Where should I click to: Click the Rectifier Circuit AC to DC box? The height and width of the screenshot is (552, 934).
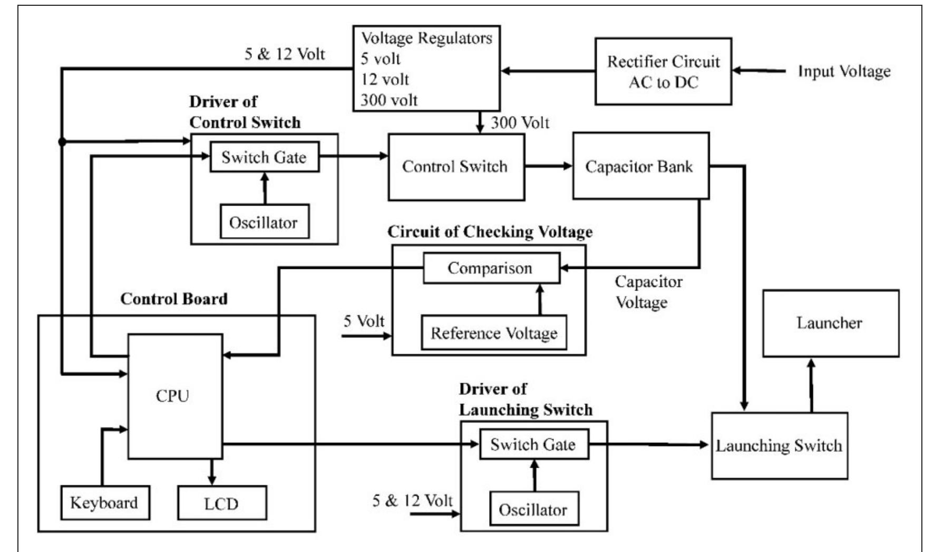[663, 71]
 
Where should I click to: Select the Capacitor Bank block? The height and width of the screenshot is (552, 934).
[640, 166]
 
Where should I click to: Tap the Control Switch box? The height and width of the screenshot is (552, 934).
[456, 167]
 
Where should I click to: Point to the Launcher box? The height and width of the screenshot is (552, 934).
[830, 323]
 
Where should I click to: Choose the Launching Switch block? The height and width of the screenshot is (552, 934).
[779, 446]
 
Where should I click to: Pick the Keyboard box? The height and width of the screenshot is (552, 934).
[104, 503]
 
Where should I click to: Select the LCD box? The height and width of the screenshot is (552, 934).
[221, 503]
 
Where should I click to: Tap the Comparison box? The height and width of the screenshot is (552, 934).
[491, 268]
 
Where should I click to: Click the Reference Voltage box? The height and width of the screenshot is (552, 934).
[494, 333]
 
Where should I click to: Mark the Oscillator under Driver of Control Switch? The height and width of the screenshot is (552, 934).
[264, 222]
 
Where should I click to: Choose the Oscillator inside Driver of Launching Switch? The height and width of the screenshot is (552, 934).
[533, 509]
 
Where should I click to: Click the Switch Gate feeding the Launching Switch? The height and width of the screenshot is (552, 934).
[533, 444]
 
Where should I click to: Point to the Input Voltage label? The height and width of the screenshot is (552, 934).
[844, 71]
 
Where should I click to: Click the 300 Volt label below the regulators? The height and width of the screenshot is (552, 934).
[520, 123]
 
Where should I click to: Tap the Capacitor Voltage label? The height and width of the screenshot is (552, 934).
[648, 292]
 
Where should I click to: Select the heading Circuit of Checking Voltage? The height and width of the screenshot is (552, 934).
[490, 232]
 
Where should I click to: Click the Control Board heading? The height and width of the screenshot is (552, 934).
[174, 299]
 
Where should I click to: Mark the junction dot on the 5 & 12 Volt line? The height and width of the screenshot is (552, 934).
[62, 142]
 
